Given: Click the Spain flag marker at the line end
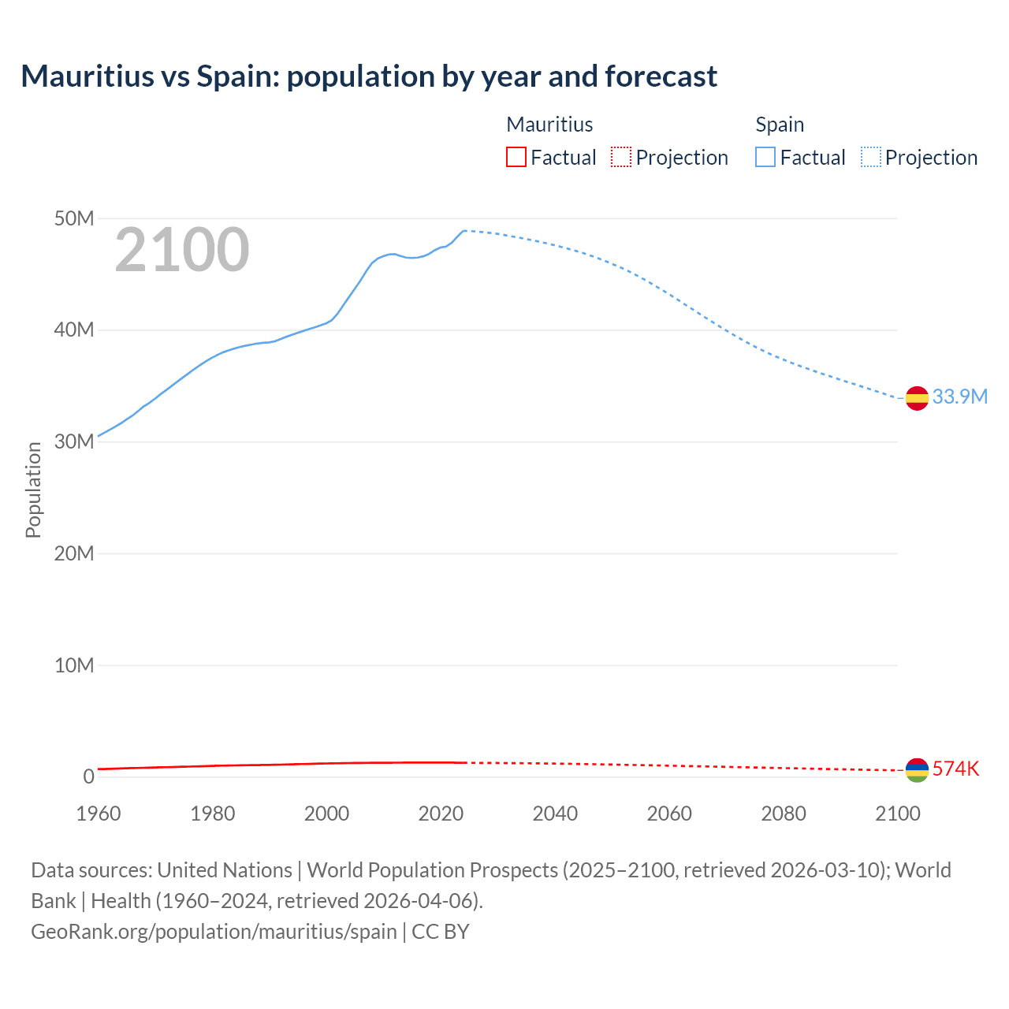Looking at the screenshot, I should [917, 398].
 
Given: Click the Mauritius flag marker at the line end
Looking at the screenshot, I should [917, 770].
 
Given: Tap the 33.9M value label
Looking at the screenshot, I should [959, 397].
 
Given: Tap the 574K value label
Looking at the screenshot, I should [955, 769].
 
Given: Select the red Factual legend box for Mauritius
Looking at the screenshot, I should [516, 157].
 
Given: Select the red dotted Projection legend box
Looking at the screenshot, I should [621, 157].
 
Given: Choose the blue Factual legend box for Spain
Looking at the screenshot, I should [765, 157].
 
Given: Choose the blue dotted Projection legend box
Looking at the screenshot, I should [871, 157].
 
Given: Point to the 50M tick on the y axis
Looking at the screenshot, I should [74, 218].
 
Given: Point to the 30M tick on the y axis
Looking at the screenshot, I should [74, 441].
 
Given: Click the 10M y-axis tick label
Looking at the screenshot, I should [74, 665].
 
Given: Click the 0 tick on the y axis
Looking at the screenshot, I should [88, 777].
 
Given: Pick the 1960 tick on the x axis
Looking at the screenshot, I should [99, 814].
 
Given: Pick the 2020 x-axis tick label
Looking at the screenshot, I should [441, 814].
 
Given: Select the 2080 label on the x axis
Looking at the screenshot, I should [783, 814].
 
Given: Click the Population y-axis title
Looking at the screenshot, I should [33, 490].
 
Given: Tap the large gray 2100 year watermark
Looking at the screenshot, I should [182, 250].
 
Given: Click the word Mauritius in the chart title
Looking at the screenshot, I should [87, 76].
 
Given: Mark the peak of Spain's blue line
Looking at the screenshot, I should [464, 230].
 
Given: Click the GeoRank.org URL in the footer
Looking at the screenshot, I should [214, 931].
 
